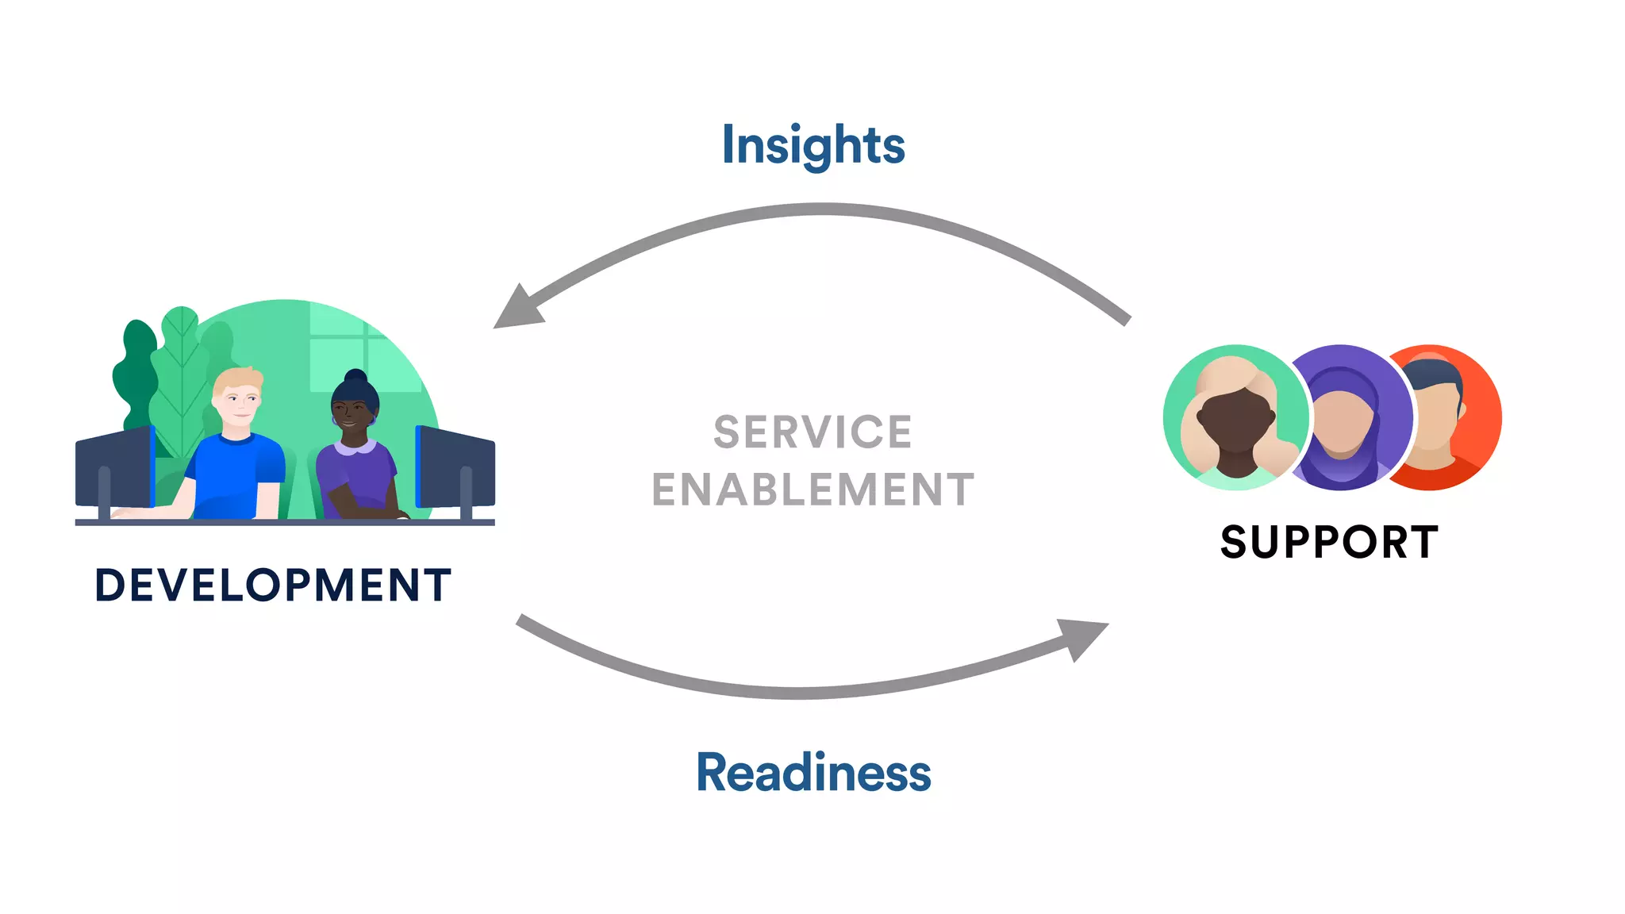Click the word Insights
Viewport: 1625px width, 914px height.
tap(812, 146)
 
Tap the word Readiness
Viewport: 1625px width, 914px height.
tap(812, 773)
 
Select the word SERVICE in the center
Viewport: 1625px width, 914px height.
tap(812, 432)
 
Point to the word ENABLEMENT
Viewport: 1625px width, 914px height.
tap(812, 490)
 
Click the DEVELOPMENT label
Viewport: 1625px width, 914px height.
tap(273, 586)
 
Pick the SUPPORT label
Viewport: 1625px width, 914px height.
tap(1329, 543)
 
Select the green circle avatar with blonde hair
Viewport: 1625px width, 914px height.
tap(1235, 418)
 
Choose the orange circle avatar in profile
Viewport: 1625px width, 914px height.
tap(1452, 418)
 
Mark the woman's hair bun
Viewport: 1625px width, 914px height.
tap(355, 376)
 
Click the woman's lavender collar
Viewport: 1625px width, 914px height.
tap(355, 448)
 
